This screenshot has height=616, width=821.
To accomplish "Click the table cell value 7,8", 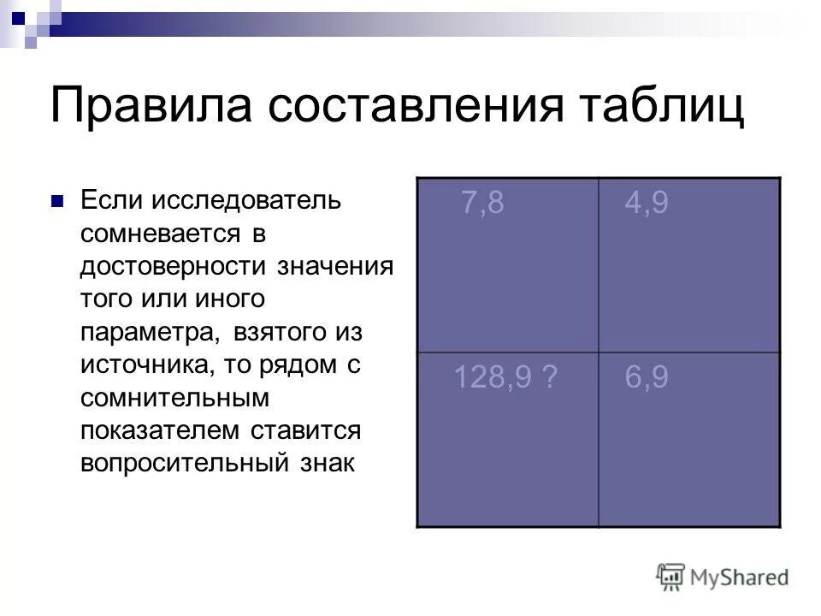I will click(x=481, y=204).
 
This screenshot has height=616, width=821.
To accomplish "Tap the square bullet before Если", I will click(x=57, y=203).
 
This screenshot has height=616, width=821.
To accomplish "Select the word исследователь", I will click(x=247, y=201).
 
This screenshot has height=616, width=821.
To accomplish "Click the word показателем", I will click(x=161, y=429).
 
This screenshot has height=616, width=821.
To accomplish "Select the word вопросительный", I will click(x=190, y=463).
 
